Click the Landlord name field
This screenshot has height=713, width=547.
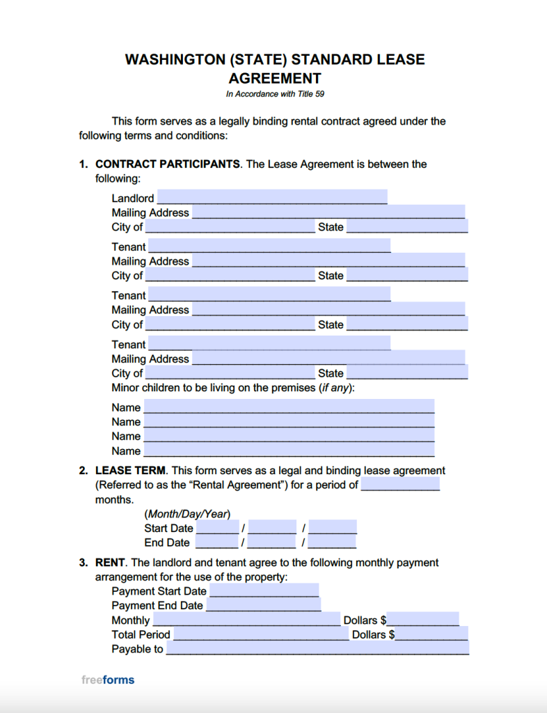271,198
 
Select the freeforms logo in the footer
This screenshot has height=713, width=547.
108,680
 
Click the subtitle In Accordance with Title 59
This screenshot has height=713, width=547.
274,94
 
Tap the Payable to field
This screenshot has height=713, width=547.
317,649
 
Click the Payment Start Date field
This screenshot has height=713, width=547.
264,591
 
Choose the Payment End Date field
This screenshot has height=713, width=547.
263,606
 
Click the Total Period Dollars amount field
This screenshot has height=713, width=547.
431,634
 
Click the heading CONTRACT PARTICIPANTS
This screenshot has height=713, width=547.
168,164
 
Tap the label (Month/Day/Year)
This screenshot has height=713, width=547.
187,514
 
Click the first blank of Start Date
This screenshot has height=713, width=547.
218,528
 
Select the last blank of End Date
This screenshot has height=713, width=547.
333,542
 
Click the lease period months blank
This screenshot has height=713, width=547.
400,485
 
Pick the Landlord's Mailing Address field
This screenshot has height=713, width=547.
328,212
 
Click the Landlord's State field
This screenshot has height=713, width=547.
407,227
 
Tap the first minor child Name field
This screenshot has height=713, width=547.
289,407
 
